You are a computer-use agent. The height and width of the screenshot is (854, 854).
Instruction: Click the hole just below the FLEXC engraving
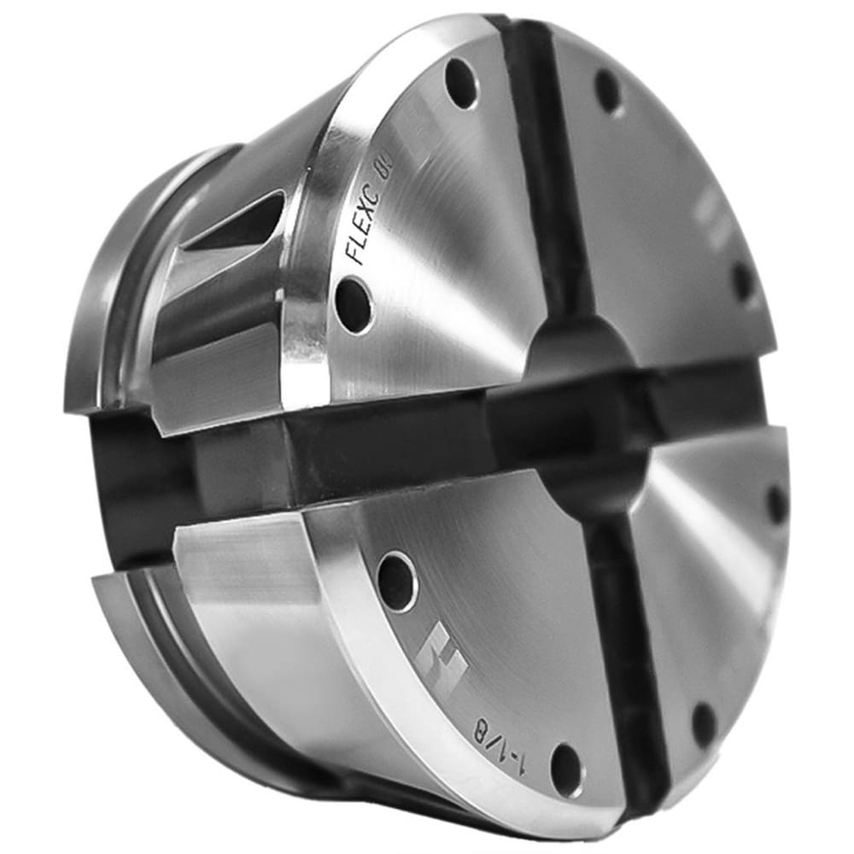click(x=354, y=304)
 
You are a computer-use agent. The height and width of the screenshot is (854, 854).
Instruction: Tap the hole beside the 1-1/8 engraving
click(x=566, y=769)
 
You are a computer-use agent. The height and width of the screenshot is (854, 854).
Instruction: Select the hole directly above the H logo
click(x=397, y=581)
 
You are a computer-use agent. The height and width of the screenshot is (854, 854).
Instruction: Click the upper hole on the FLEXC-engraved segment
click(x=461, y=82)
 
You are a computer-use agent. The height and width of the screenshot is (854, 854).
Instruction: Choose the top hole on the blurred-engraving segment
click(x=608, y=91)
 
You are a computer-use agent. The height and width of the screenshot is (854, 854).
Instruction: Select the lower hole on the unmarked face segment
click(x=704, y=725)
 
